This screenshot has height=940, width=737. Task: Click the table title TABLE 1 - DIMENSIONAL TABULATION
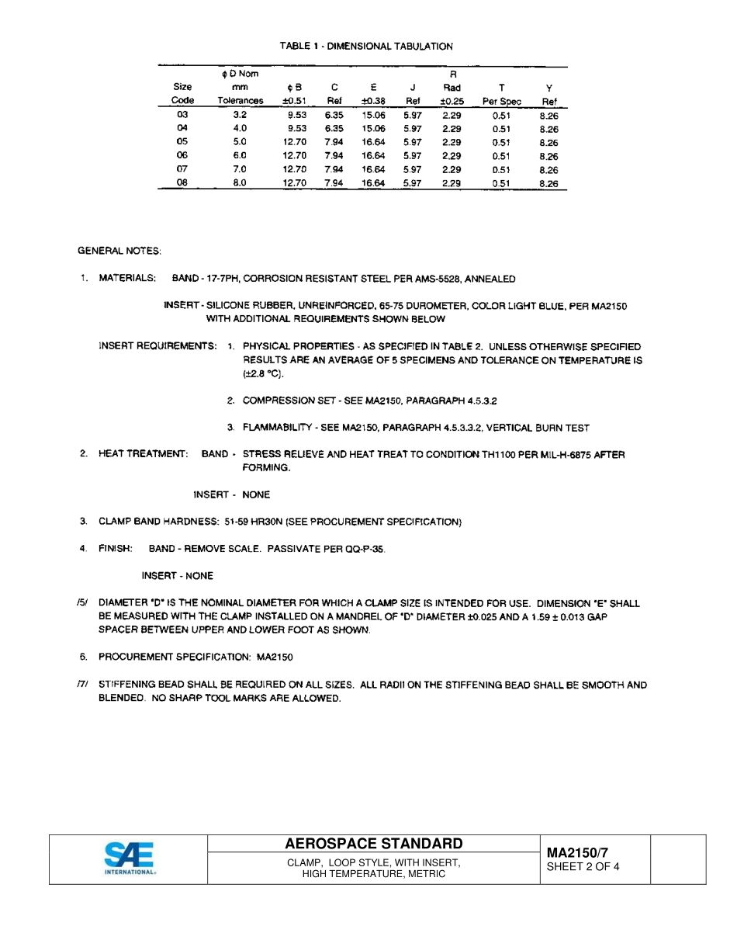(366, 47)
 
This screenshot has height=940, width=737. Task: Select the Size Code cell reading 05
(182, 142)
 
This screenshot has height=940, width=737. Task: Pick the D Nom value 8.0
(240, 183)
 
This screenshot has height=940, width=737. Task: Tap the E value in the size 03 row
(373, 115)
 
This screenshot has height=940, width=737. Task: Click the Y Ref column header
(549, 95)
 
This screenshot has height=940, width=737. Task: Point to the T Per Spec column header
(501, 95)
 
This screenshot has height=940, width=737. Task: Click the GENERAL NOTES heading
(119, 251)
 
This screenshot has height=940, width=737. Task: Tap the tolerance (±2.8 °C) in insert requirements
(264, 374)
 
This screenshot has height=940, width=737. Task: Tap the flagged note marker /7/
(82, 685)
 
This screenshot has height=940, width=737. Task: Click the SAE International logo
(130, 858)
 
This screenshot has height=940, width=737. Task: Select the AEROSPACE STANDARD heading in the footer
(374, 844)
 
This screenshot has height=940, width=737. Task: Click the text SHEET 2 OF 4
(583, 867)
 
